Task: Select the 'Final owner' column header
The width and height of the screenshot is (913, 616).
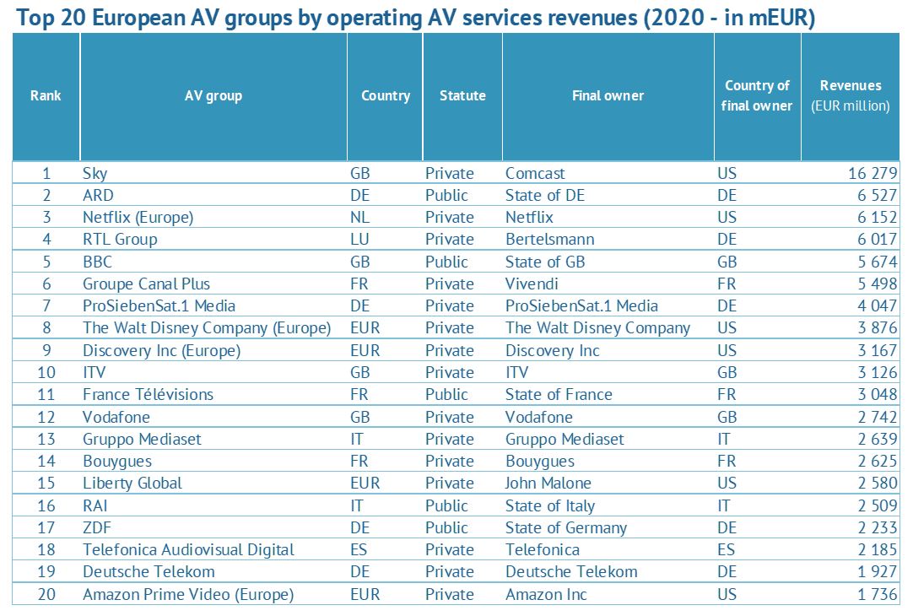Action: pyautogui.click(x=608, y=95)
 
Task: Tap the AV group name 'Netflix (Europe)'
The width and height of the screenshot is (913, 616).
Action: pyautogui.click(x=138, y=217)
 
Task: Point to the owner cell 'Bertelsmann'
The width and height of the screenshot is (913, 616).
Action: pyautogui.click(x=549, y=239)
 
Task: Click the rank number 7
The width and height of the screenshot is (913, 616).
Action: pyautogui.click(x=46, y=305)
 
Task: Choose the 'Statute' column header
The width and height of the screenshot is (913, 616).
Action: pyautogui.click(x=462, y=95)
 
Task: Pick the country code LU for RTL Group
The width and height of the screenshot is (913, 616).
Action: pyautogui.click(x=359, y=239)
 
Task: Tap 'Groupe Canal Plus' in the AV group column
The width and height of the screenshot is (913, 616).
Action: pyautogui.click(x=146, y=284)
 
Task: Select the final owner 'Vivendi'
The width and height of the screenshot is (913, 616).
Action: pyautogui.click(x=532, y=284)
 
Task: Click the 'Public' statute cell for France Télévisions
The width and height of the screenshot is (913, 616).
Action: pyautogui.click(x=446, y=394)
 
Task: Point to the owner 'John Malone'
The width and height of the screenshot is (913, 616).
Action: pyautogui.click(x=548, y=483)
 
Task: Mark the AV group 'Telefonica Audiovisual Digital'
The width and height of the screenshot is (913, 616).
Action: pyautogui.click(x=188, y=549)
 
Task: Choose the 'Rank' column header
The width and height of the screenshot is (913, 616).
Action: pyautogui.click(x=46, y=95)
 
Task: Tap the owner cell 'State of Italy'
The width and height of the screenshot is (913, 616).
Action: pyautogui.click(x=549, y=505)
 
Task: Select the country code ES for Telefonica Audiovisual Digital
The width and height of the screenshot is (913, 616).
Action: pyautogui.click(x=359, y=549)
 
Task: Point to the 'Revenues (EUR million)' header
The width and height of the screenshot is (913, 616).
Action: pyautogui.click(x=850, y=95)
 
